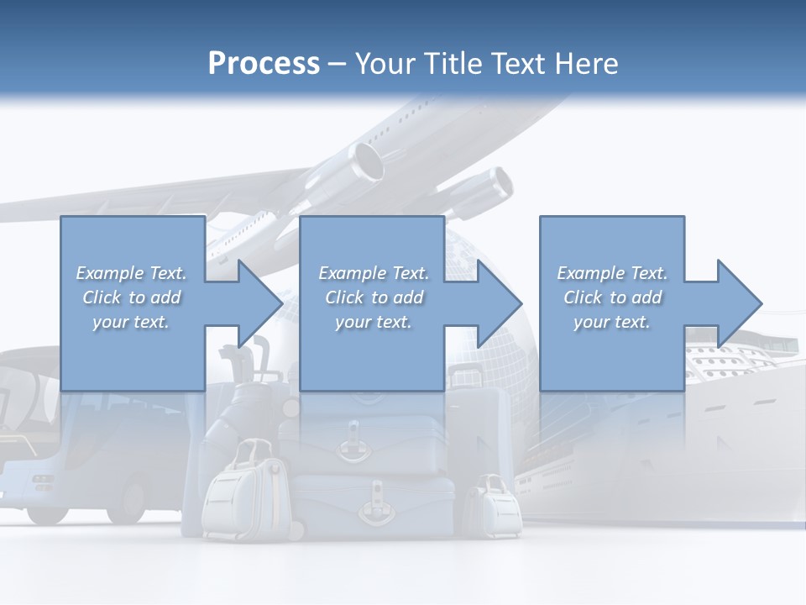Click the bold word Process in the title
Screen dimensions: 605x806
264,64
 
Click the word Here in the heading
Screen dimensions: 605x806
587,64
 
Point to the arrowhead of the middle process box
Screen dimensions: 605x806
500,303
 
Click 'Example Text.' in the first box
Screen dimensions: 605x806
131,273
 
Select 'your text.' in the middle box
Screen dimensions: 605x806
373,322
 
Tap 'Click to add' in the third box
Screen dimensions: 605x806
612,297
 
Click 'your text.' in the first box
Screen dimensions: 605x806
131,322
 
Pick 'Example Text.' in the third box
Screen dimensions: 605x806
612,273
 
